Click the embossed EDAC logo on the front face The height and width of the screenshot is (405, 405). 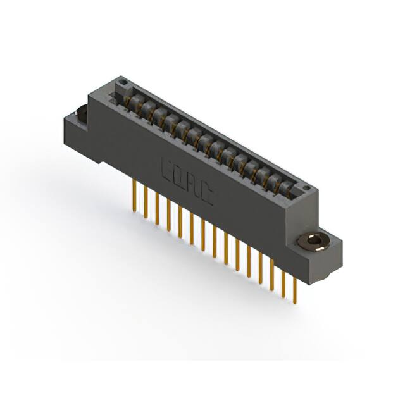coord(187,183)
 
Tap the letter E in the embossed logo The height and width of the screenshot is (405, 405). coord(168,173)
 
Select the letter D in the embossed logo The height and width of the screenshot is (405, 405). coord(181,180)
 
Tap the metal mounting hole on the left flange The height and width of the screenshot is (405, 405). coord(80,115)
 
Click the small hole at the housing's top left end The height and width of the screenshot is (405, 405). coord(124,84)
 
